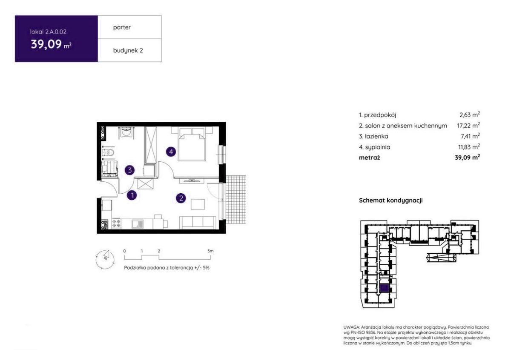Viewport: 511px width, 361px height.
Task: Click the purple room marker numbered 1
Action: [x=132, y=195]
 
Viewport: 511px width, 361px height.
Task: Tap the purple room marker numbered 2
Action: [x=181, y=198]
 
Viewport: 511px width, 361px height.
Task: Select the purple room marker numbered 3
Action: [x=129, y=170]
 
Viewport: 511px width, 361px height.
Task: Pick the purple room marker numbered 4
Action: [x=171, y=152]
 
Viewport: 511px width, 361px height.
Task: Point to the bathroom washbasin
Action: [x=125, y=132]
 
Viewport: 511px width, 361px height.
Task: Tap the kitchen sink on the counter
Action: [x=137, y=224]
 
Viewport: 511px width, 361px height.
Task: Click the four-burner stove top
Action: [x=116, y=224]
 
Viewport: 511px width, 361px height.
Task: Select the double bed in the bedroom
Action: [x=192, y=143]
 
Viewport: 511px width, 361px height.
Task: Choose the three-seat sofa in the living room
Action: [x=198, y=222]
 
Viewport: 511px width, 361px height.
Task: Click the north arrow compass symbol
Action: [x=105, y=260]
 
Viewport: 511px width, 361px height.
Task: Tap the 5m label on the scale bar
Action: [x=210, y=251]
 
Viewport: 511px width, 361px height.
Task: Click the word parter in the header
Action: [x=122, y=28]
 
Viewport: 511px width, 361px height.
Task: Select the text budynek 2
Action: [x=128, y=50]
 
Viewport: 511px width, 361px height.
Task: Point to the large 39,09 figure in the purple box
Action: [x=46, y=44]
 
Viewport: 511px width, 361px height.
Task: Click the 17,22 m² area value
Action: [x=468, y=126]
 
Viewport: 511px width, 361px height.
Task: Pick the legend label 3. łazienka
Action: [x=373, y=136]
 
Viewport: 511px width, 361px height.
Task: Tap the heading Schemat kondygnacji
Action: [x=391, y=201]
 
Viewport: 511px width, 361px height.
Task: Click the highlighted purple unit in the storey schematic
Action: [x=384, y=288]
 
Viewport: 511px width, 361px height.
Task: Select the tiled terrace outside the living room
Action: [x=235, y=200]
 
